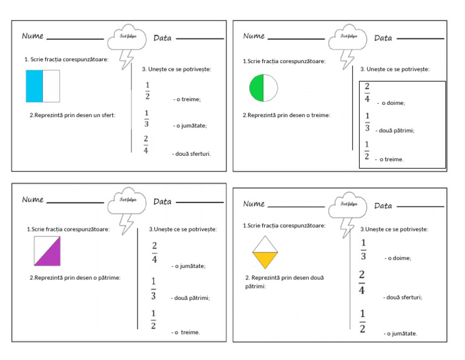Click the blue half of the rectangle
coord(35,85)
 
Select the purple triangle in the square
coord(51,255)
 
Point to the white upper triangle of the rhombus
coord(265,244)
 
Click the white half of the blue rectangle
coord(51,85)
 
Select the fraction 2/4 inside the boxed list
coord(367,93)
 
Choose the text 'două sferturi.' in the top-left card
coord(193,153)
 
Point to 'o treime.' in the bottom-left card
coord(186,332)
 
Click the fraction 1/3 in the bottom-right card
coord(363,250)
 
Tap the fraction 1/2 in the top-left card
coord(147,91)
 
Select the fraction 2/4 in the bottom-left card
coord(154,253)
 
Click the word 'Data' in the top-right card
coord(383,38)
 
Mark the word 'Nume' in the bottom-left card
coord(33,199)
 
